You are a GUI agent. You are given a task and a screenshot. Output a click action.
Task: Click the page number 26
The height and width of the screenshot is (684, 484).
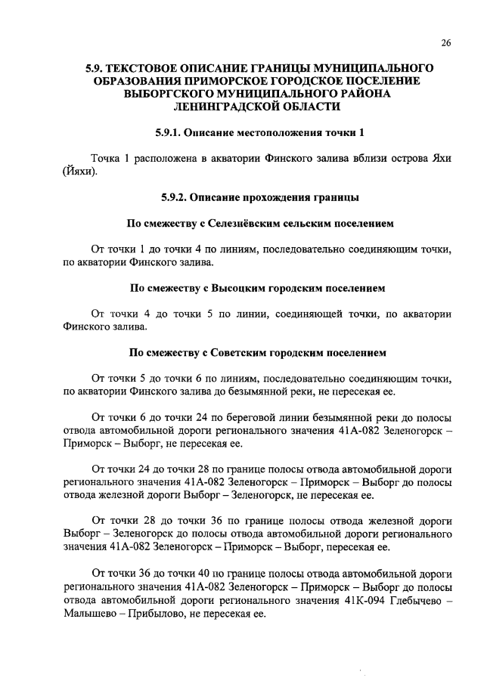click(x=445, y=42)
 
